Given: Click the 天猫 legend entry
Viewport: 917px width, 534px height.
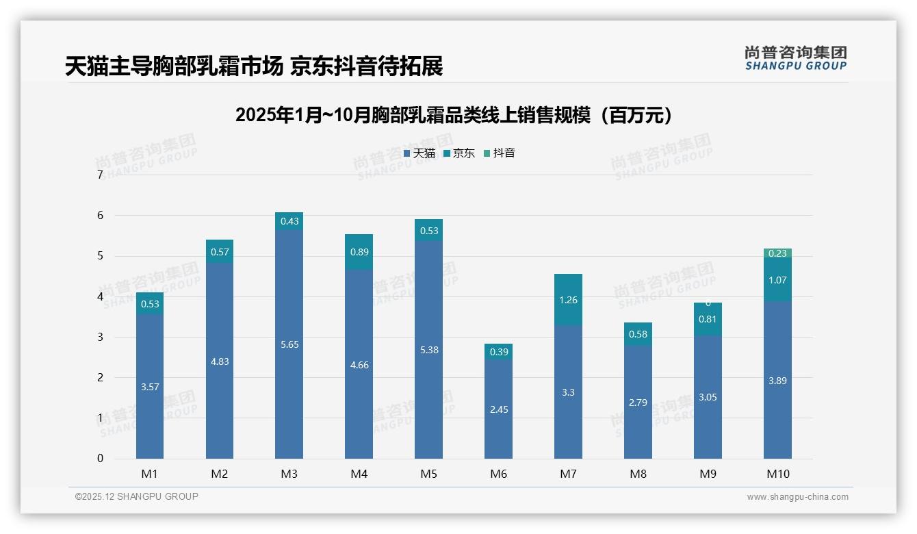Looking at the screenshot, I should tap(419, 153).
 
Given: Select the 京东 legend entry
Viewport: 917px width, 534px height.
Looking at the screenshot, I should tap(459, 153).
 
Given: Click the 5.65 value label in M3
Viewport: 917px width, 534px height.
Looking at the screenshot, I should tap(289, 344).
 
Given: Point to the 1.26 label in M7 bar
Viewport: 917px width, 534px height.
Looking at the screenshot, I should tap(568, 299).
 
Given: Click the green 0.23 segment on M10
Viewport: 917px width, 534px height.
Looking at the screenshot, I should tap(777, 253).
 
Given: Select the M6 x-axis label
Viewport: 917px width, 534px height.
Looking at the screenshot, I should tap(498, 474).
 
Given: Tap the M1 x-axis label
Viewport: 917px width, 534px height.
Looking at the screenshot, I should tap(149, 474).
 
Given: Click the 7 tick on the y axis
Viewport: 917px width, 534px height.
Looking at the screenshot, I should tap(100, 175).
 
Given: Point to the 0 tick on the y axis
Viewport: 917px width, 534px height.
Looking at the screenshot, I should tap(100, 459).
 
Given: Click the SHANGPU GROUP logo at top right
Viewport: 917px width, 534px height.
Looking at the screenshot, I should tap(795, 58).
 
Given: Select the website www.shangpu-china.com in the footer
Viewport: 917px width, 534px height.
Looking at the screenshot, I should tap(797, 497).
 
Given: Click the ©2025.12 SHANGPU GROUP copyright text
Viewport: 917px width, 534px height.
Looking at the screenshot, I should tap(137, 497).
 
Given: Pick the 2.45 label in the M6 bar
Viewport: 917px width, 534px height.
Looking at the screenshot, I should tap(498, 409).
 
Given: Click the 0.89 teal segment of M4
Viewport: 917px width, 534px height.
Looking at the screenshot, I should tap(359, 252).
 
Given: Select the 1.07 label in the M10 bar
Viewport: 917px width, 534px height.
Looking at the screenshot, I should tap(777, 280).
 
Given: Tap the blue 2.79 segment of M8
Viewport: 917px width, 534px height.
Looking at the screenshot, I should tap(638, 403).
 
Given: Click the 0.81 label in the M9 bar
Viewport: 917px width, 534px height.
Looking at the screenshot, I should tap(708, 319).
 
